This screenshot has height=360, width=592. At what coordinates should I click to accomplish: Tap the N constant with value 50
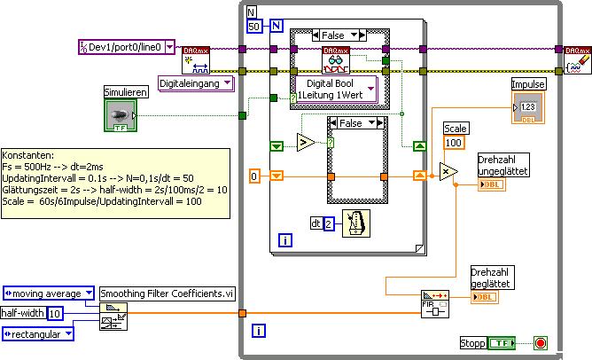[254, 26]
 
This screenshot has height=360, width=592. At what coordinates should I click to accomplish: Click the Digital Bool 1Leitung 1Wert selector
[334, 89]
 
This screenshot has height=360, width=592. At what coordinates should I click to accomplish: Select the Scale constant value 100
[454, 144]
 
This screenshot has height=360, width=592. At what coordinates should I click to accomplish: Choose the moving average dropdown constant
[50, 292]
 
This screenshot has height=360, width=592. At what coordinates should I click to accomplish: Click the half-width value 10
[54, 313]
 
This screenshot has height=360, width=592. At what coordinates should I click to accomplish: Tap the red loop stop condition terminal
[541, 342]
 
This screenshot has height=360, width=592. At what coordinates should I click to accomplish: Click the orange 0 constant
[254, 176]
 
